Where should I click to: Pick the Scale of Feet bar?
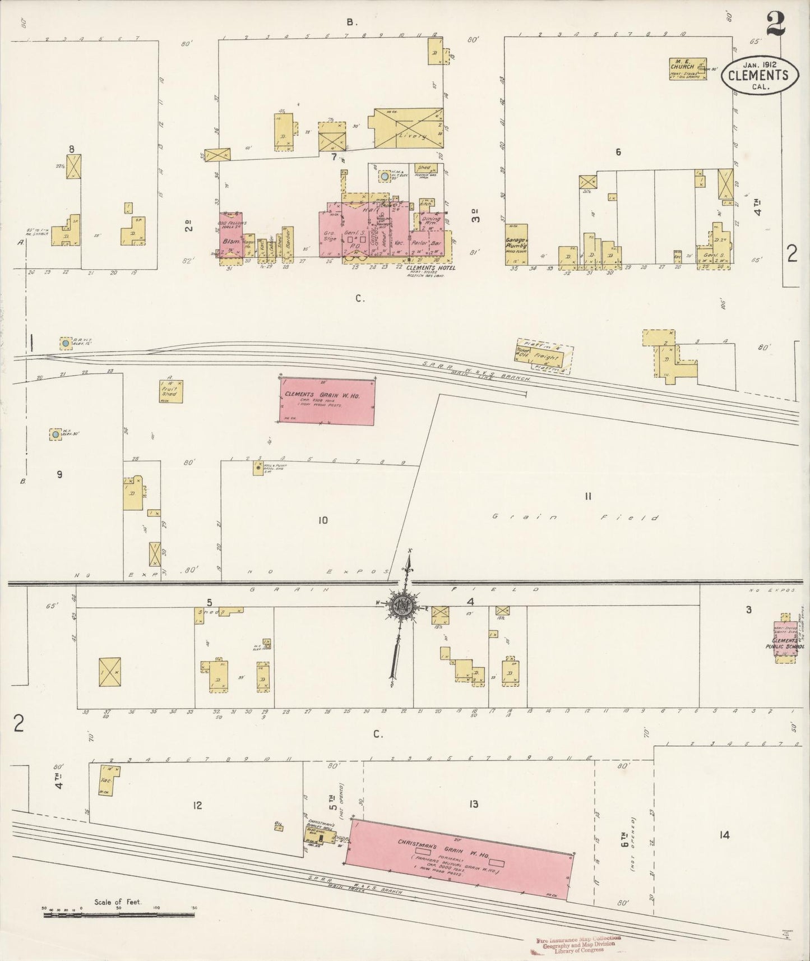pyautogui.click(x=119, y=914)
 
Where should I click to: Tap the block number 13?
pyautogui.click(x=474, y=805)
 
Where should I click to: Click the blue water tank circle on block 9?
pyautogui.click(x=55, y=434)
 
